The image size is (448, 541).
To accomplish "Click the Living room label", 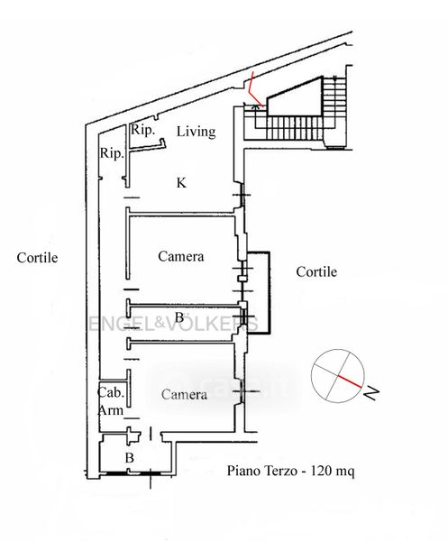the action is coord(197,132).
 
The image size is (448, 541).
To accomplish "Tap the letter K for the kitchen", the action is coord(181,183).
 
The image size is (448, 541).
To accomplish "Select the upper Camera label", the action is coord(181,256).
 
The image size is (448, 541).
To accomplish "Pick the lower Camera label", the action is coord(184,394).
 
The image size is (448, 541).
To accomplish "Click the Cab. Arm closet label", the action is coord(111,401).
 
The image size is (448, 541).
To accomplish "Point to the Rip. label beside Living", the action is coord(142,131).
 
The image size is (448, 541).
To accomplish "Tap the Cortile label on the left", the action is coord(37,258).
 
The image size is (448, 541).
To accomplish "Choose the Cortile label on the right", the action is coord(316,272).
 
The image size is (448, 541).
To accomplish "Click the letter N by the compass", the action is coord(371,393).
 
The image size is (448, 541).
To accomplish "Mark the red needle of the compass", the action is coord(350,381).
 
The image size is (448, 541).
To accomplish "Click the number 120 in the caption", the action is coord(322,471).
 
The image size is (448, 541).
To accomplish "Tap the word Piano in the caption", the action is coord(244,471).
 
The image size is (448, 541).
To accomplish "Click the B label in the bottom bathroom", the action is coord(129,458).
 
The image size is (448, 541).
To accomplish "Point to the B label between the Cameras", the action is coord(179,317).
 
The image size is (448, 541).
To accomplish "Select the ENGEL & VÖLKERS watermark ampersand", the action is coord(159,323).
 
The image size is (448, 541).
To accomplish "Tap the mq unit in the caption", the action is coord(345,472).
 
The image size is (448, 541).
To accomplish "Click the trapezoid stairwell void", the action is coord(294,97).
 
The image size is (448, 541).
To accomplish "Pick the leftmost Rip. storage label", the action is coord(112,153).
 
